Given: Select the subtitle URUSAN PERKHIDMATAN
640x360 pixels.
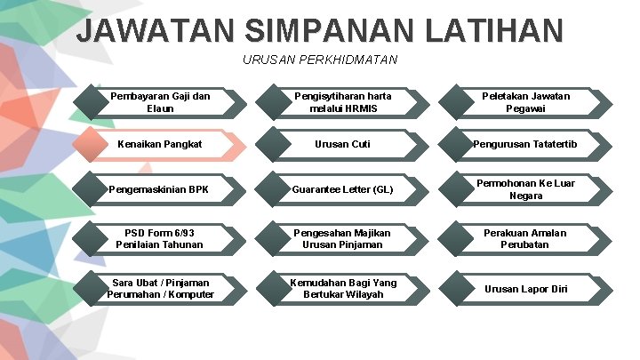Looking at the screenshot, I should coord(320,60).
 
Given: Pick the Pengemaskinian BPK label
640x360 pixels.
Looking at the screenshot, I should coord(160,189).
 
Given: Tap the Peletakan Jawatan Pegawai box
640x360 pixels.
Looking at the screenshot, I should coord(526,102).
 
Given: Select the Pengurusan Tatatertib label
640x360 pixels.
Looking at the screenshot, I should coord(526,144).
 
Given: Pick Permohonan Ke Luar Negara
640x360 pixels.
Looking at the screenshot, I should coord(526,189).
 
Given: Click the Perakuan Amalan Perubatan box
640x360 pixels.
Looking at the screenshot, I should coord(526,238).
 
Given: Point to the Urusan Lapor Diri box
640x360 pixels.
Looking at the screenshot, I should coord(526,288).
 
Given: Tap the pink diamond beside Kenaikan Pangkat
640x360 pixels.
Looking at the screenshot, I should coord(92,144).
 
